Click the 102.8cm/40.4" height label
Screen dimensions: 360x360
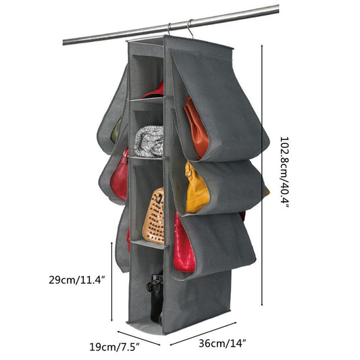[284, 172]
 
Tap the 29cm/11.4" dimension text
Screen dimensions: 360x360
[77, 280]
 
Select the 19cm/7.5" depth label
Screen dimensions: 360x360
[114, 346]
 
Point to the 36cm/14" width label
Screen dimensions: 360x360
[222, 344]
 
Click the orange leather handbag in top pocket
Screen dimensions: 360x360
[197, 128]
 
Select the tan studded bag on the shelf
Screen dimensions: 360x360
[154, 216]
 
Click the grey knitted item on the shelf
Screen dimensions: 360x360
[149, 141]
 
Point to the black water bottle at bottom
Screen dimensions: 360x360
[155, 297]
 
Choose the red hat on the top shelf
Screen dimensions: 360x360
[153, 91]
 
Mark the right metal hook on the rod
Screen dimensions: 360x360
[190, 28]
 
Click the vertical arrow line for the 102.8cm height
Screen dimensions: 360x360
[262, 176]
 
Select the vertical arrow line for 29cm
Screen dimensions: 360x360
[112, 282]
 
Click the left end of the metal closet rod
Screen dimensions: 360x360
[63, 43]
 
